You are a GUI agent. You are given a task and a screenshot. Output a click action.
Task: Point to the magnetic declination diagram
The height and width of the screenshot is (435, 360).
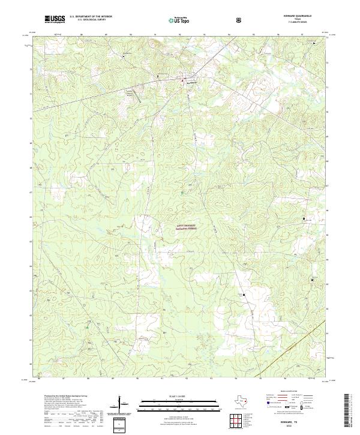pyautogui.click(x=124, y=408)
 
